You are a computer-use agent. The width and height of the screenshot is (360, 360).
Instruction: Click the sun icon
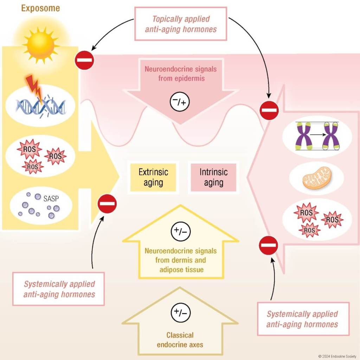41,45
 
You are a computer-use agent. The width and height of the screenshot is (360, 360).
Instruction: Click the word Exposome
41,8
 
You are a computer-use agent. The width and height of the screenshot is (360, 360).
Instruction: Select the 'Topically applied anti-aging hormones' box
181,24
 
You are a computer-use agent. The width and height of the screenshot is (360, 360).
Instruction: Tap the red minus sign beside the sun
84,60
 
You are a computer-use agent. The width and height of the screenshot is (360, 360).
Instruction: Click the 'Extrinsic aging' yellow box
153,177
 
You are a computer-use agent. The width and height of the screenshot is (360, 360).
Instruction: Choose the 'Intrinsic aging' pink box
213,177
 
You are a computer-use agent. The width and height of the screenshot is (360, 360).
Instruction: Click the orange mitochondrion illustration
317,178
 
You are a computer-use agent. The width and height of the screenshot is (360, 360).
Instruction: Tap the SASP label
51,199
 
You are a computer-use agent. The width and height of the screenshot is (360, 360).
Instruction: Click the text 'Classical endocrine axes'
180,340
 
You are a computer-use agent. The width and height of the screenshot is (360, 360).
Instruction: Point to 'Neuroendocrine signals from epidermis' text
180,73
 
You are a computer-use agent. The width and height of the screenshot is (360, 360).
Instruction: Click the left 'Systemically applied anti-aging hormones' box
59,289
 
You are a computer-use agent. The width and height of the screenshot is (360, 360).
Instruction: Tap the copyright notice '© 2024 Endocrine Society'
337,356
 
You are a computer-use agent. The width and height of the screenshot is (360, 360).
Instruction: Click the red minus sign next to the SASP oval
107,204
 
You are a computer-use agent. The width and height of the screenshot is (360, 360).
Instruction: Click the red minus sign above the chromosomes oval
269,110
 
